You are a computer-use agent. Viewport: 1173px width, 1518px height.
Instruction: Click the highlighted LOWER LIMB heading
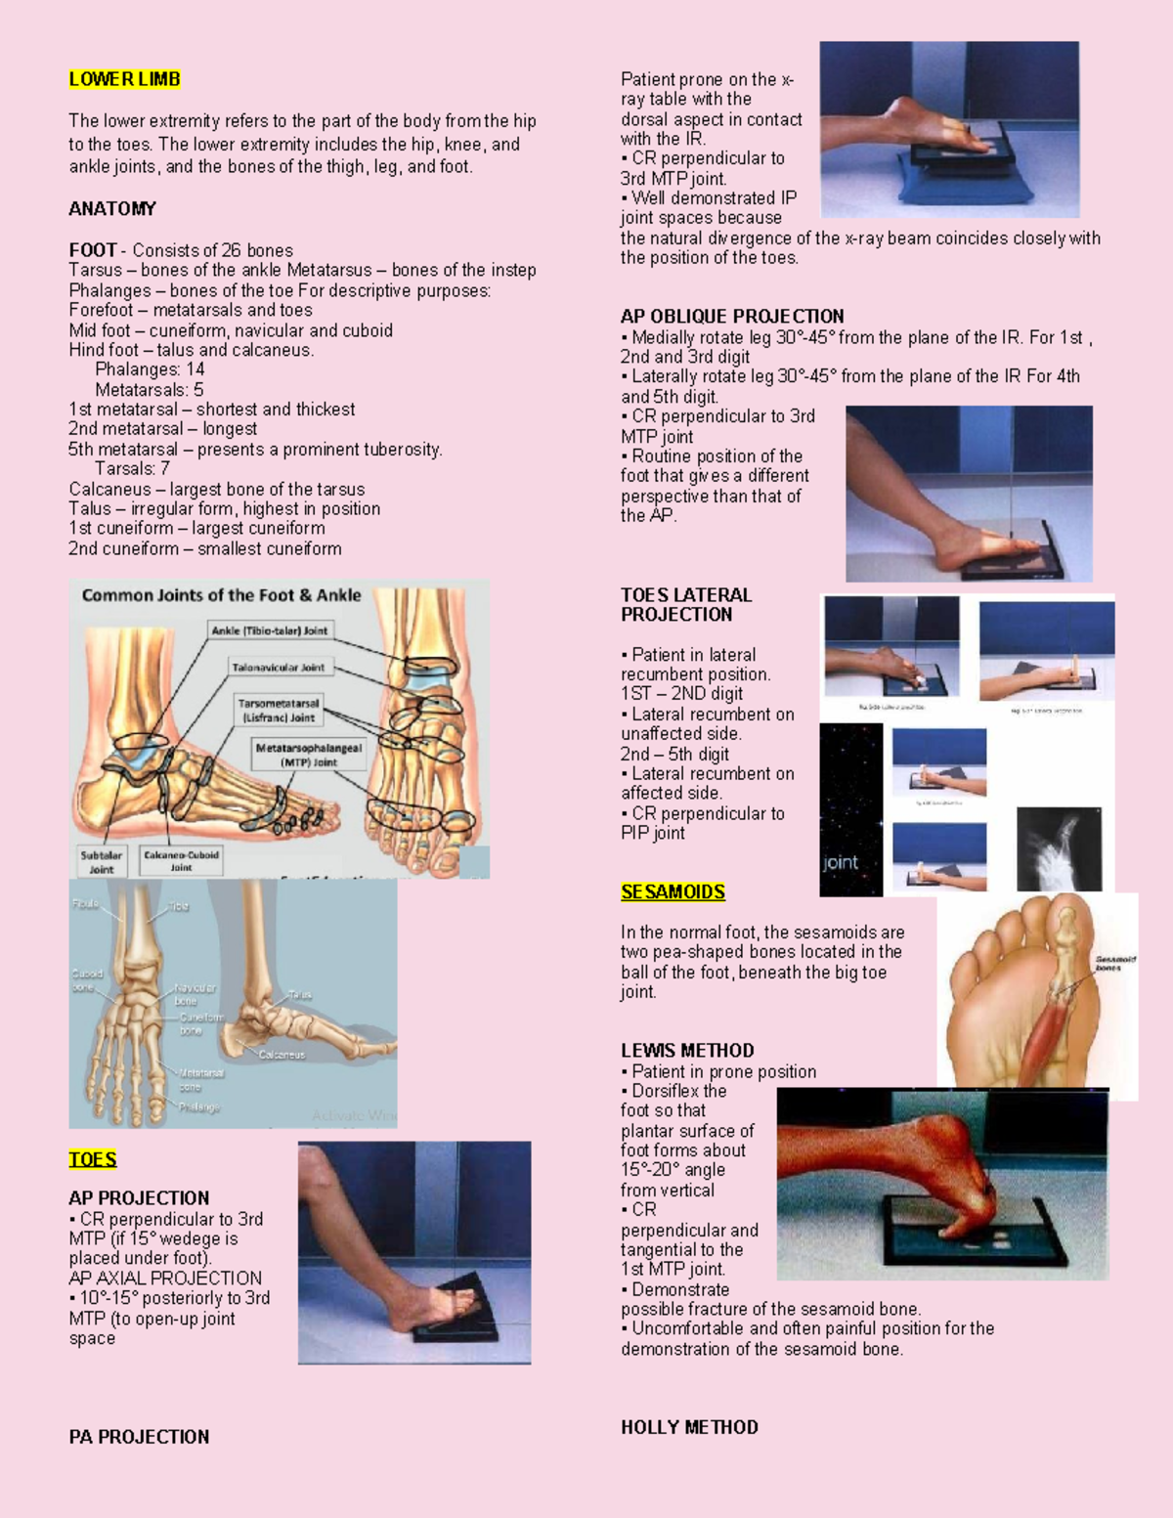pos(124,79)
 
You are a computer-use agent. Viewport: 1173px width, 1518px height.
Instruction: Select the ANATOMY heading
pos(112,208)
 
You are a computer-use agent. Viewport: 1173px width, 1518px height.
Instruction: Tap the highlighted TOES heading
pos(93,1159)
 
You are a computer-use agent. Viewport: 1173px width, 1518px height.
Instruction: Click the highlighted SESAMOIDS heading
pos(673,891)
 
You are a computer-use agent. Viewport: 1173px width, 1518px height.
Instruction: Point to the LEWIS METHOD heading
pos(687,1051)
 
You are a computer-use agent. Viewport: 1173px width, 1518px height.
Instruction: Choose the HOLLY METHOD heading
pos(689,1427)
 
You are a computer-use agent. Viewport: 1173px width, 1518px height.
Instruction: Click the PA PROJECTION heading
pos(139,1437)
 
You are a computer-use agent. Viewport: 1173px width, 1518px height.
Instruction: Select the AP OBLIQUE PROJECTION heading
pos(732,316)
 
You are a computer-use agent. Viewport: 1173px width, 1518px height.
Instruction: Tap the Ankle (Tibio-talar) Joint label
pos(270,630)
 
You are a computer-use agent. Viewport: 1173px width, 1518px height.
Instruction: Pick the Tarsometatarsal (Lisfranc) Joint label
pos(279,711)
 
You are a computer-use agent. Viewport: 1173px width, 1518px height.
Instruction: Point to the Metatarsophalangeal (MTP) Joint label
pos(308,755)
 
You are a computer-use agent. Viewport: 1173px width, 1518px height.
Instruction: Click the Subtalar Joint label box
pos(102,861)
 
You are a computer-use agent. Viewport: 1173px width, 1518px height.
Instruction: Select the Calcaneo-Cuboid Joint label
pos(182,860)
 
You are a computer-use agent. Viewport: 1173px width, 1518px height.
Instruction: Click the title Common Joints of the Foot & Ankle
pos(221,595)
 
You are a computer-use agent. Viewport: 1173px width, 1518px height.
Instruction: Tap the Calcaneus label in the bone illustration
pos(282,1055)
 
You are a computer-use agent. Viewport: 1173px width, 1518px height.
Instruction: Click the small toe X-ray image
pos(1059,848)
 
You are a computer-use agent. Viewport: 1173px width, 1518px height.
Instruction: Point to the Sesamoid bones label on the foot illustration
pos(1114,964)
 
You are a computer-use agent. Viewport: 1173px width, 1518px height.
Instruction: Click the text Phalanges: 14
pos(150,369)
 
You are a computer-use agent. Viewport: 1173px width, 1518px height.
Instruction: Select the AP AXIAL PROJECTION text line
pos(165,1279)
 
